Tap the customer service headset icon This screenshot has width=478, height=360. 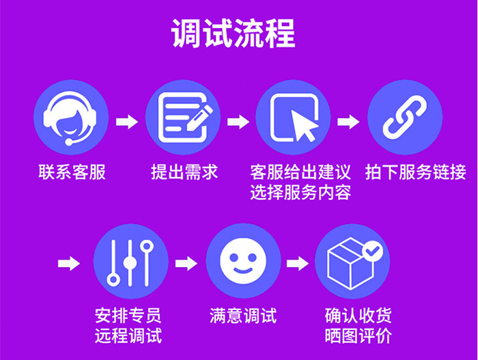(71, 117)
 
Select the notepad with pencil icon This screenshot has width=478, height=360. (182, 117)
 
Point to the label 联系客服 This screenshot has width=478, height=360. (72, 171)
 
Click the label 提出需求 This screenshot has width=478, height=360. (184, 171)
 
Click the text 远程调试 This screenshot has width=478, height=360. (129, 336)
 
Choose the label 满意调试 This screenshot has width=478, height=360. (242, 316)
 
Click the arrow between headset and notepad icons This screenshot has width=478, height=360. (126, 122)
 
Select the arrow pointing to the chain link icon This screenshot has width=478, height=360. (348, 122)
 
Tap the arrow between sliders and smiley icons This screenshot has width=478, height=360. (186, 263)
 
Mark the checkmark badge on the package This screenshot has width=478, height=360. (373, 251)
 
